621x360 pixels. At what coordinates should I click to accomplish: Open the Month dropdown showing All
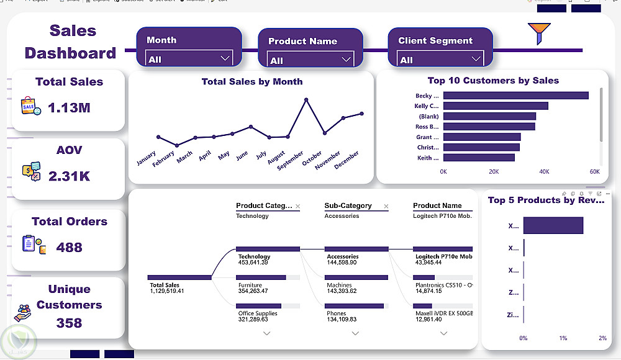189,58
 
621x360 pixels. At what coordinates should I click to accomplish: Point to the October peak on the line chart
306,99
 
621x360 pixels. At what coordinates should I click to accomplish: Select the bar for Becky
515,96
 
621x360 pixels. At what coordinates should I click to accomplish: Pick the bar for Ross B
489,127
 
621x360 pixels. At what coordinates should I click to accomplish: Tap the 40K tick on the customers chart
544,171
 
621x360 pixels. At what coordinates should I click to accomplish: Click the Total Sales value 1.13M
69,107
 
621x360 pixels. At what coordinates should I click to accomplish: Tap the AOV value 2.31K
69,176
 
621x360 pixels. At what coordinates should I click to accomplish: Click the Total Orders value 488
69,247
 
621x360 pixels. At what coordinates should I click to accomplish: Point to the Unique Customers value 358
69,323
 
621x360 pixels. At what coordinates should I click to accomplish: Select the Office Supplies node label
258,313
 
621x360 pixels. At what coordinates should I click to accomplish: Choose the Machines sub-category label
339,285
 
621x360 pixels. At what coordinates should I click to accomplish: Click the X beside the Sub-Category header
386,206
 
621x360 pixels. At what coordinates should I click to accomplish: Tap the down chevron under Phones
355,333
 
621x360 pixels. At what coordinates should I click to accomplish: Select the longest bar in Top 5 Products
553,225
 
